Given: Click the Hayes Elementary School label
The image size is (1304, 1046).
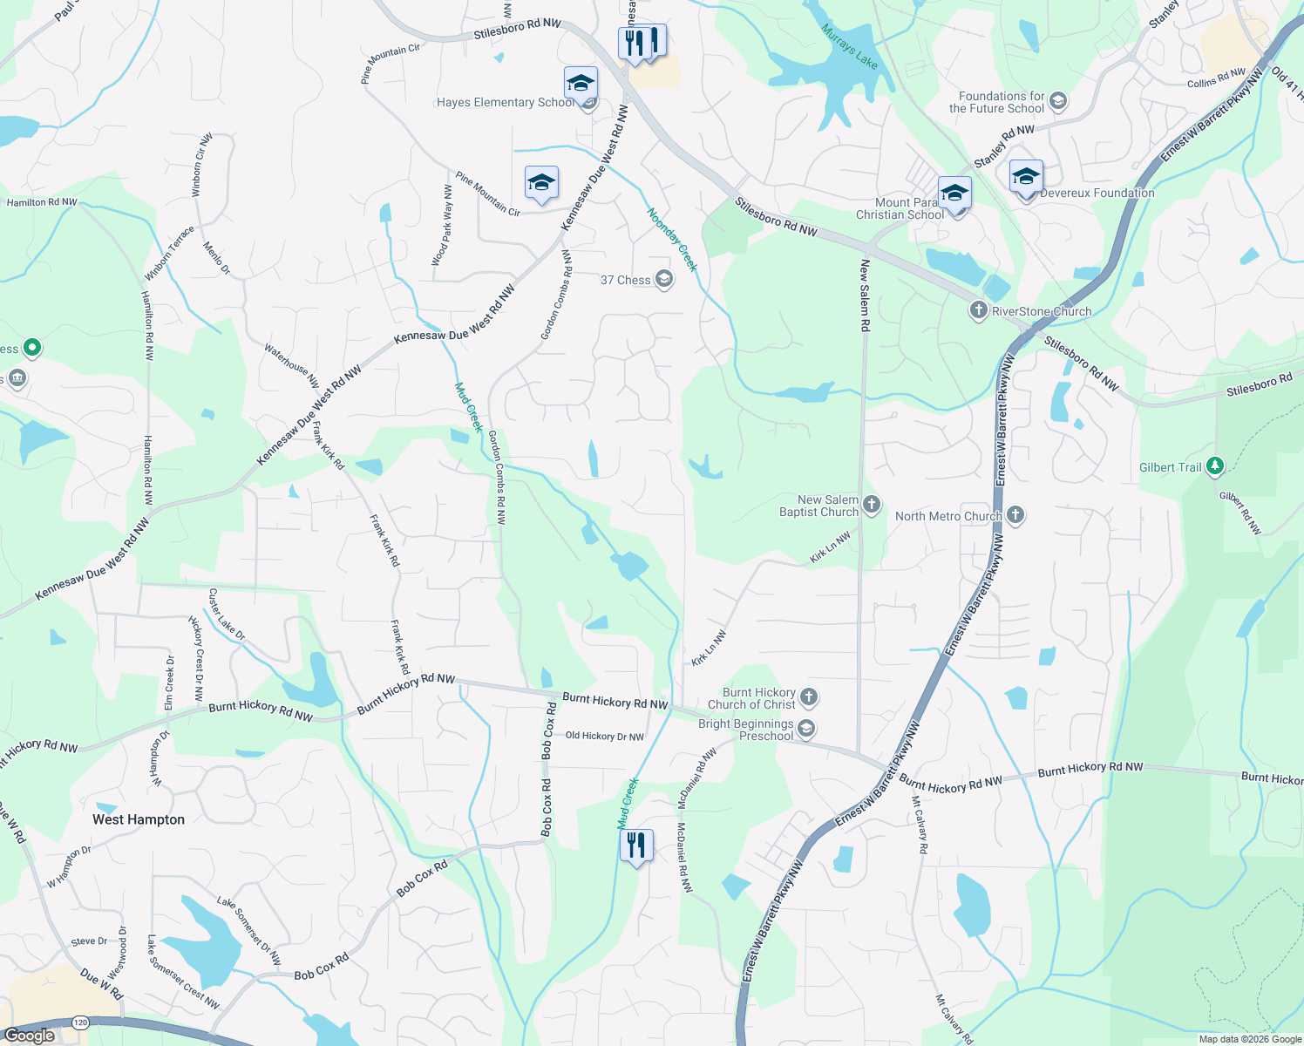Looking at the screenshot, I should tap(505, 103).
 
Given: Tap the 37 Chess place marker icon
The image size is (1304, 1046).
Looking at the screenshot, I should tap(664, 279).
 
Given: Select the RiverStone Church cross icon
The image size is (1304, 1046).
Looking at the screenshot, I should tap(979, 310).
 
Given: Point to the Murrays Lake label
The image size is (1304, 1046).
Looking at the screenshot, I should tap(849, 46).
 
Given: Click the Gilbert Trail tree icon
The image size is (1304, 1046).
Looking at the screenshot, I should tap(1215, 466).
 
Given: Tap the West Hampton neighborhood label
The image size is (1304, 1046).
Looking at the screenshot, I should tap(139, 819).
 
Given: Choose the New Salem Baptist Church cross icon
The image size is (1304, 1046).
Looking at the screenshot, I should tap(872, 505).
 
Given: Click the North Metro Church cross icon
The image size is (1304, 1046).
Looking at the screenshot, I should tap(1015, 515).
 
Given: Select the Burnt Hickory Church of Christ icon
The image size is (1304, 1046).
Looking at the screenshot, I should tap(809, 696).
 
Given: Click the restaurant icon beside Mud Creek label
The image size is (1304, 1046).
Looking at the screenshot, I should tap(636, 846).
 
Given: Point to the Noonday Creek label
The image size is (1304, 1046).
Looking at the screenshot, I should tap(673, 240).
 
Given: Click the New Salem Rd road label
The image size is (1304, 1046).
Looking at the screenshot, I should tap(865, 295).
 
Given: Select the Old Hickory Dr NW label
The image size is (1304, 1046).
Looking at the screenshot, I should tap(605, 737).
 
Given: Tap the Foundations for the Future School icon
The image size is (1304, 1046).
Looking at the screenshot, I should tap(1058, 101).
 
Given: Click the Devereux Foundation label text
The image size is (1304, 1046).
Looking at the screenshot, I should tap(1097, 194).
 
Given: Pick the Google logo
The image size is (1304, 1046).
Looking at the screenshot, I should tap(29, 1036).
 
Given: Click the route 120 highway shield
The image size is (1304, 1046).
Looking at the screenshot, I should tap(80, 1022).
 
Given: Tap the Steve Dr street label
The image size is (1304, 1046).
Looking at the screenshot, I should tap(89, 941).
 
